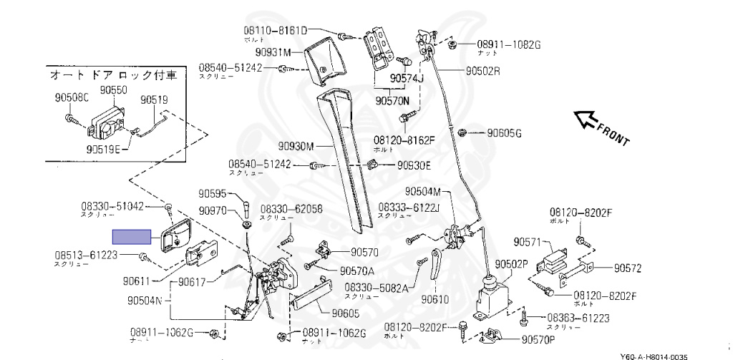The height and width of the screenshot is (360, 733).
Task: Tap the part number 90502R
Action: [482, 71]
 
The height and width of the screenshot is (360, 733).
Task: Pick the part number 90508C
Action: [72, 98]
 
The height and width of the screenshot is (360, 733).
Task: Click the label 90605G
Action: [505, 133]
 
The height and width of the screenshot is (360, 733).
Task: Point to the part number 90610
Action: [435, 299]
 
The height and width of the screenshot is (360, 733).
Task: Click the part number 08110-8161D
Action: [273, 31]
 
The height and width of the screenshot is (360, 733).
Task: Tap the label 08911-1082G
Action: [509, 44]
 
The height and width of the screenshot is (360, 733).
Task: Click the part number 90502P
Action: [511, 263]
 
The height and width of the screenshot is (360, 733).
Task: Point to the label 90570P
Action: [542, 339]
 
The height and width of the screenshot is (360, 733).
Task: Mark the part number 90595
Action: [213, 193]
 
